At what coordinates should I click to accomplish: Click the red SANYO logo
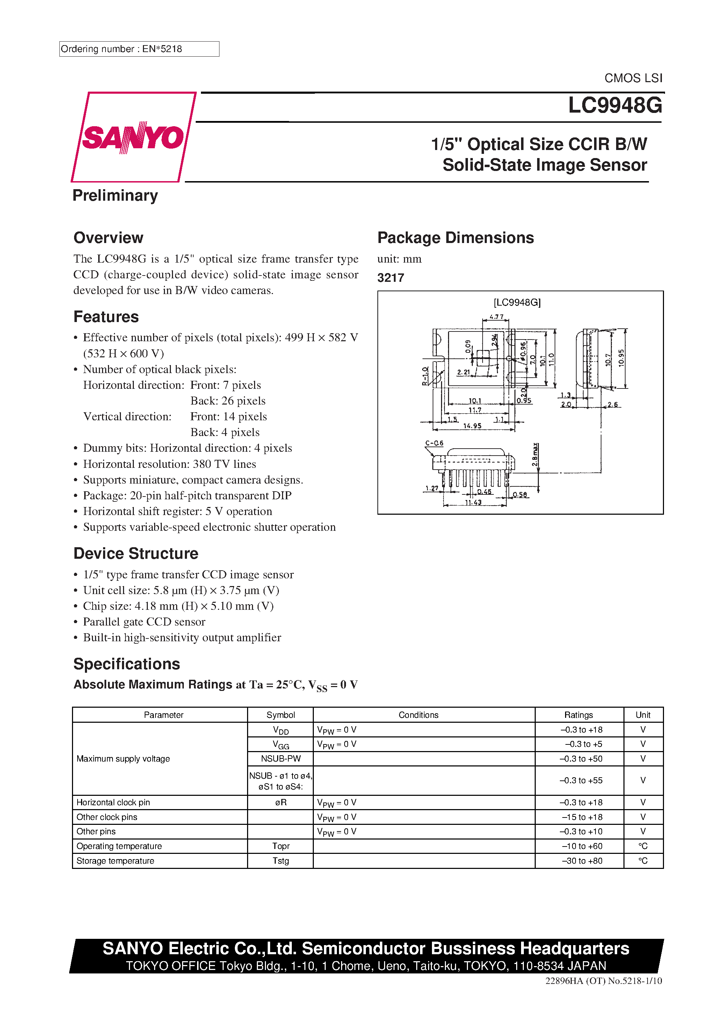tap(132, 137)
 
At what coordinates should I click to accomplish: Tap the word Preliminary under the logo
tap(115, 196)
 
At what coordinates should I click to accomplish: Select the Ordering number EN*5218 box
tap(139, 49)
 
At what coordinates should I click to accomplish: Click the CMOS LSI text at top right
tap(633, 78)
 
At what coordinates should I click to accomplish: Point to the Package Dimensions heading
tap(455, 238)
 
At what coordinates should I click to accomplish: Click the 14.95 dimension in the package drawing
tap(472, 426)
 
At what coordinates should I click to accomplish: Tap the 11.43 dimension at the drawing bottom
tap(473, 502)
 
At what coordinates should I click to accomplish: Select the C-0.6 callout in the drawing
tap(434, 443)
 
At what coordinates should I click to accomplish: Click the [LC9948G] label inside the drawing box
tap(517, 302)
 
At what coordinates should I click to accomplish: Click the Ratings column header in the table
tap(578, 715)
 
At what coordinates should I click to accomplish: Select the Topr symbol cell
tap(281, 846)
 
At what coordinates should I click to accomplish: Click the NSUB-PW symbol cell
tap(281, 759)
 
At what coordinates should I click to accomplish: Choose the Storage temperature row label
tap(115, 861)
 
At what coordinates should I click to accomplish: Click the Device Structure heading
tap(136, 554)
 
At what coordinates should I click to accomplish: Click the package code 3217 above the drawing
tap(390, 278)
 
